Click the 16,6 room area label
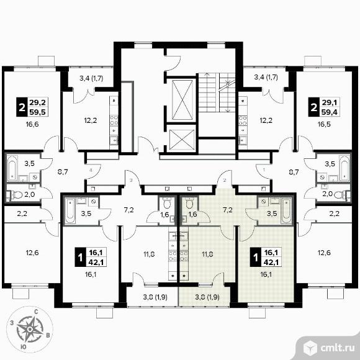[x=32, y=125]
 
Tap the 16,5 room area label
[x=324, y=125]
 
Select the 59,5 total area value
[x=37, y=112]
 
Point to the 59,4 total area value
[x=329, y=112]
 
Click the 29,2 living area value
[x=37, y=102]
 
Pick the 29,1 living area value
[x=329, y=102]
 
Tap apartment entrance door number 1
[x=264, y=170]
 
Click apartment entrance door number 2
[x=225, y=180]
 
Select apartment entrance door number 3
[x=131, y=180]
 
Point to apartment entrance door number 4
[x=91, y=170]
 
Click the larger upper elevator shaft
[x=182, y=100]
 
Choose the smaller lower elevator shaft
[x=182, y=139]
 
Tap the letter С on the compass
[x=36, y=312]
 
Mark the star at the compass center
[x=29, y=329]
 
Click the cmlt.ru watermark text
[x=337, y=348]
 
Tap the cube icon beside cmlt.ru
[x=310, y=348]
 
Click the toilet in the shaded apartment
[x=189, y=203]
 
